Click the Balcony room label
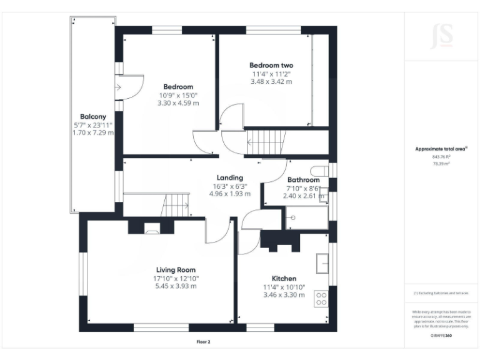92,117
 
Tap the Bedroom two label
271,65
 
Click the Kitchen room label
284,278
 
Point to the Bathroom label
303,180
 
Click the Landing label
229,177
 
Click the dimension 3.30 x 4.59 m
178,103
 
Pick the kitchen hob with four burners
321,298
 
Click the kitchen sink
322,263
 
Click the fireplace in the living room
152,229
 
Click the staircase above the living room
176,204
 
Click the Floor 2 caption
203,342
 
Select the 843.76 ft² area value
441,156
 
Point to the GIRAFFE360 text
441,336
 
